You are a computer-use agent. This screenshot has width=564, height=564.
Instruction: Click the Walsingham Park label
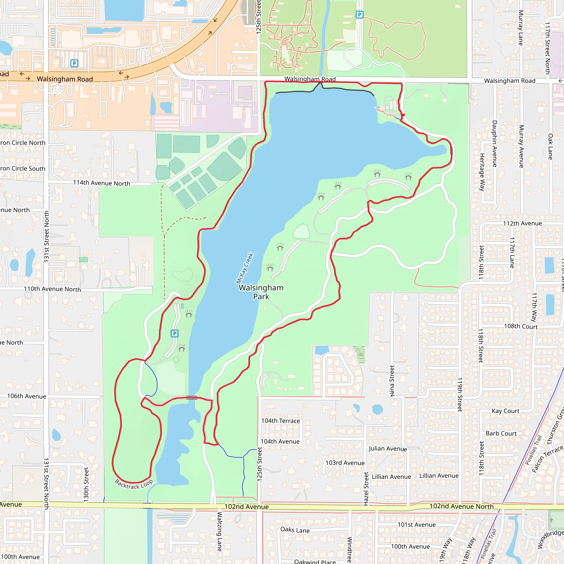261,292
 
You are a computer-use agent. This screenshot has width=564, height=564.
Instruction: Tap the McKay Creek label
245,268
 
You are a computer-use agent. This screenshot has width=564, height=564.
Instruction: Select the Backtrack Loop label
134,484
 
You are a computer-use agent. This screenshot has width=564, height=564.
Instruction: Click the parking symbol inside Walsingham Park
174,333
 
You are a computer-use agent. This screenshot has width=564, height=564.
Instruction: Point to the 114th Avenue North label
101,183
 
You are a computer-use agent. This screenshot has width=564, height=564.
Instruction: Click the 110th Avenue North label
52,289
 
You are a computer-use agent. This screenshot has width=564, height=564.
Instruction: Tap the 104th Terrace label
281,421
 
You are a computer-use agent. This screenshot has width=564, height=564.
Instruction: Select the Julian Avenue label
387,448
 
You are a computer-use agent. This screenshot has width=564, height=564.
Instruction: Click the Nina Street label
392,381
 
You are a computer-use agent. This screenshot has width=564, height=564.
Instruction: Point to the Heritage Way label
482,172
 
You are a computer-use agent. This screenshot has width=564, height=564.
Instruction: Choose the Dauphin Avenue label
495,144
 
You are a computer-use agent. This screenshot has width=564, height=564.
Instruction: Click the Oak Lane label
550,147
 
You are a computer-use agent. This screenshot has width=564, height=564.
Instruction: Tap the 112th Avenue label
522,223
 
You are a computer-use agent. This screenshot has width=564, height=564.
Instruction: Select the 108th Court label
521,326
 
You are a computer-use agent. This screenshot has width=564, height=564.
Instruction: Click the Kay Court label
505,411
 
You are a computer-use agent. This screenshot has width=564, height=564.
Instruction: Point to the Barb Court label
501,433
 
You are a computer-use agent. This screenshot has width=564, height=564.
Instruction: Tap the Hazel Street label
366,489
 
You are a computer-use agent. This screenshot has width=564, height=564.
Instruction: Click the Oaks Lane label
295,530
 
